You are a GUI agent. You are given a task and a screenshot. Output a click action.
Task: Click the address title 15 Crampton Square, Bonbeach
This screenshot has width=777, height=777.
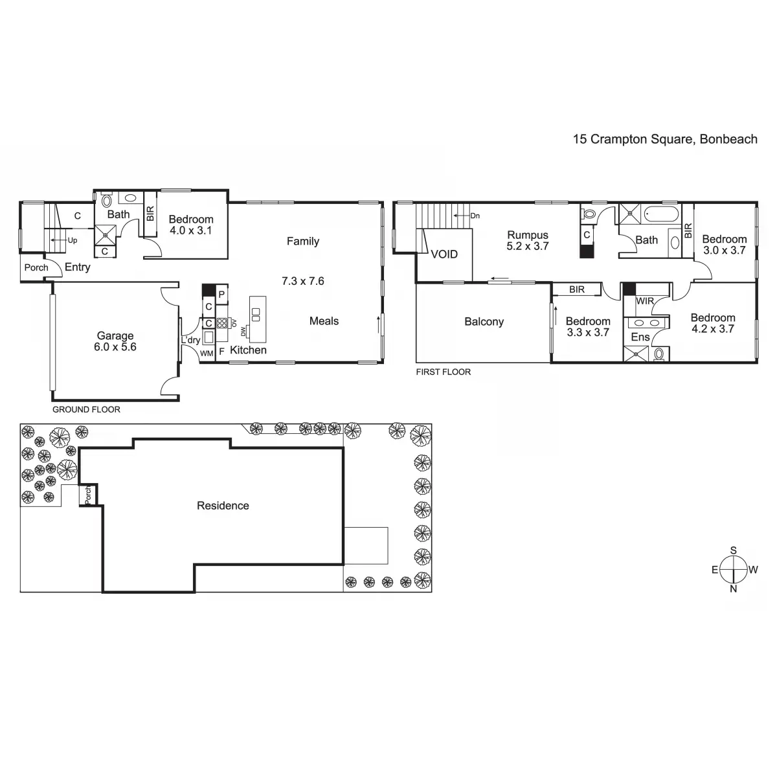664,139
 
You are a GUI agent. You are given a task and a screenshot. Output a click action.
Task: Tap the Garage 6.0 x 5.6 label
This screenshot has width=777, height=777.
115,341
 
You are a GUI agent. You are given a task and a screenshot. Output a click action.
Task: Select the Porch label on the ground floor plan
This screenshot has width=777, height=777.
36,267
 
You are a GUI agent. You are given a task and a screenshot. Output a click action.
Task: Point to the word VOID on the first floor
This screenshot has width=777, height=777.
444,254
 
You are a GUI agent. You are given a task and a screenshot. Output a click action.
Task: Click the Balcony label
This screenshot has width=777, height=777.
484,322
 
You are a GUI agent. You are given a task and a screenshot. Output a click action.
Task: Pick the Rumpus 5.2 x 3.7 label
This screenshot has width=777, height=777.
528,240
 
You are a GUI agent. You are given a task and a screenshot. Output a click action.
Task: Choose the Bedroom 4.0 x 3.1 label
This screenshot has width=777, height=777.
190,225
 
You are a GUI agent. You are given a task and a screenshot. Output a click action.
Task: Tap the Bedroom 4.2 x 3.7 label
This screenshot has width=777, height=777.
712,323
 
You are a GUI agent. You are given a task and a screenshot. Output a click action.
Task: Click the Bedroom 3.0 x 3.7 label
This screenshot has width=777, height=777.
724,244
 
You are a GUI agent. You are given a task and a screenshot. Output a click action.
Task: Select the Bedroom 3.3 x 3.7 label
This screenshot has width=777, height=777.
587,327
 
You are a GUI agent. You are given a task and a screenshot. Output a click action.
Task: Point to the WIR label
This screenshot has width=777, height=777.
645,301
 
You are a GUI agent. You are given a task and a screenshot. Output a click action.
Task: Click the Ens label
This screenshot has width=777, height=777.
640,337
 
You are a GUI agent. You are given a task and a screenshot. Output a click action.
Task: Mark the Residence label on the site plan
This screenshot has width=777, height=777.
223,506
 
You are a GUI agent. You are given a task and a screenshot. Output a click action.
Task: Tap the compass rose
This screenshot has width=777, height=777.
734,570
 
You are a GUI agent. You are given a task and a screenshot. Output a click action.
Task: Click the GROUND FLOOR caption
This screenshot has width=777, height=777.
86,409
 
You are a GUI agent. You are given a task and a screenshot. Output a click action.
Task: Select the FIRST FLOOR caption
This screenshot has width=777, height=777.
444,372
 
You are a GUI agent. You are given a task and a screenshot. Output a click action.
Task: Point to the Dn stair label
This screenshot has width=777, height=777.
475,216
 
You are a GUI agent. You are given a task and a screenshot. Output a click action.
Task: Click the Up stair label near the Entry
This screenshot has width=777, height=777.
73,240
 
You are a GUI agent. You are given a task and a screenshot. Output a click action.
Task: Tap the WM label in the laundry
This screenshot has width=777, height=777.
207,353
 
